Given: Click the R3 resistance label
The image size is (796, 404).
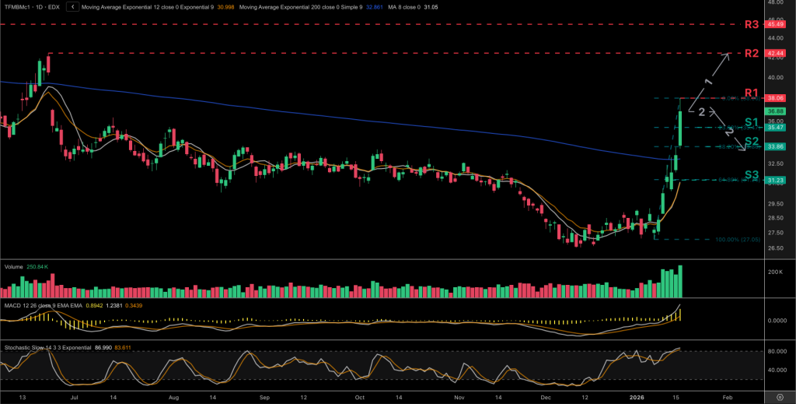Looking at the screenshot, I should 751,25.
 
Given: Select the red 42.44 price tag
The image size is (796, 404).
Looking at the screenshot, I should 774,54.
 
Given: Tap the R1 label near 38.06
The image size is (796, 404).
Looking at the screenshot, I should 751,93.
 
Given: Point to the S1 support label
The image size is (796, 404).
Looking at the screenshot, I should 751,122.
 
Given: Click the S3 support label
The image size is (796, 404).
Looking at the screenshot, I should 751,175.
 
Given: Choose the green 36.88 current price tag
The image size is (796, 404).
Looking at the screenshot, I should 774,112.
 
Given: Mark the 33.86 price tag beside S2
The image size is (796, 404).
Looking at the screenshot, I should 774,146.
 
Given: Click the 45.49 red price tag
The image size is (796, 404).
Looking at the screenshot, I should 774,25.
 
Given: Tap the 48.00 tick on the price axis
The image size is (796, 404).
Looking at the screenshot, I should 774,2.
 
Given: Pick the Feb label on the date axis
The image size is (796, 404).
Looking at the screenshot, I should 728,396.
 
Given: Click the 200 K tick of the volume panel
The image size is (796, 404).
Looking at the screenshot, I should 775,272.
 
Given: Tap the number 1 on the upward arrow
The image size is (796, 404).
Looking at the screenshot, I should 708,82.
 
